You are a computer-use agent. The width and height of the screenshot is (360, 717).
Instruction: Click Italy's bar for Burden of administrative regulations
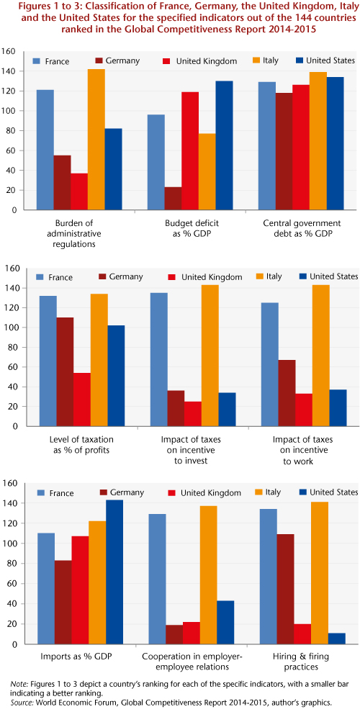(96, 140)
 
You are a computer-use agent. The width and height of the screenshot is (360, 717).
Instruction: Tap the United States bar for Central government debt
(336, 143)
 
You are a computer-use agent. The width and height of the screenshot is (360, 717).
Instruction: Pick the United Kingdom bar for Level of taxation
(82, 400)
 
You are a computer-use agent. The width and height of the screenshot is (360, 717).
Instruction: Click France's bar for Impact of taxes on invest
(158, 359)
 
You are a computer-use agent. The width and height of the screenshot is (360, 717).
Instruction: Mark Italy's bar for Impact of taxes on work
(320, 356)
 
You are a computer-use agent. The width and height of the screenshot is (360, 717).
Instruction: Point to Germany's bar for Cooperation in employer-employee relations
(174, 635)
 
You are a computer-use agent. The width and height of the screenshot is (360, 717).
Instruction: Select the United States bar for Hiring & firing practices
(337, 639)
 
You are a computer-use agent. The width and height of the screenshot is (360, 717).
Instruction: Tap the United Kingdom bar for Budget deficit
(190, 151)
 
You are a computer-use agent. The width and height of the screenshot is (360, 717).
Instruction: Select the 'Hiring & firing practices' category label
(301, 662)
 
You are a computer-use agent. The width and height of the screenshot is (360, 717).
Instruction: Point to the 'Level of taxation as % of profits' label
(81, 444)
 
